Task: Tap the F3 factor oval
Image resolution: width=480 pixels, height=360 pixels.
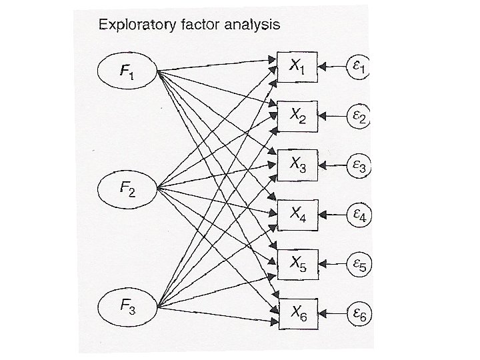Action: point(127,307)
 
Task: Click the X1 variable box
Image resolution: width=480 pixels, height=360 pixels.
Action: point(296,67)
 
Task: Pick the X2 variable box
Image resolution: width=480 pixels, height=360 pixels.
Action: point(296,116)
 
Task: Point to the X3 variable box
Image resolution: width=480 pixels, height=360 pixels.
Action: point(296,165)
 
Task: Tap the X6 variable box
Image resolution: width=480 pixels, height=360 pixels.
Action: point(296,311)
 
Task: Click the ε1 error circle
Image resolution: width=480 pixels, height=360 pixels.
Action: point(359,67)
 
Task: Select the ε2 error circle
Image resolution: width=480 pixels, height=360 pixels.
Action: point(359,115)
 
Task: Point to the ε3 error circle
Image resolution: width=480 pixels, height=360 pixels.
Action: point(359,165)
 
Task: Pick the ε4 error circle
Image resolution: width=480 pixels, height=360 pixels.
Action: point(359,215)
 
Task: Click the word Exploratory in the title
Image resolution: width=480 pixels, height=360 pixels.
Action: point(137,25)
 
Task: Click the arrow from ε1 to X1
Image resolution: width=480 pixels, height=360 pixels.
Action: point(331,67)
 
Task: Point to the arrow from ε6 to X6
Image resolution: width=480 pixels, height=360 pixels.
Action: point(331,311)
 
